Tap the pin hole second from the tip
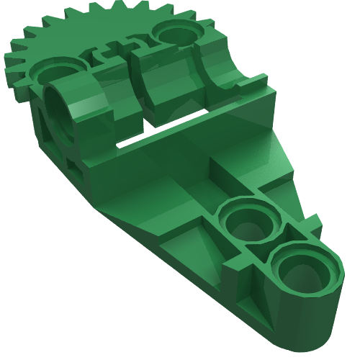click(x=249, y=224)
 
